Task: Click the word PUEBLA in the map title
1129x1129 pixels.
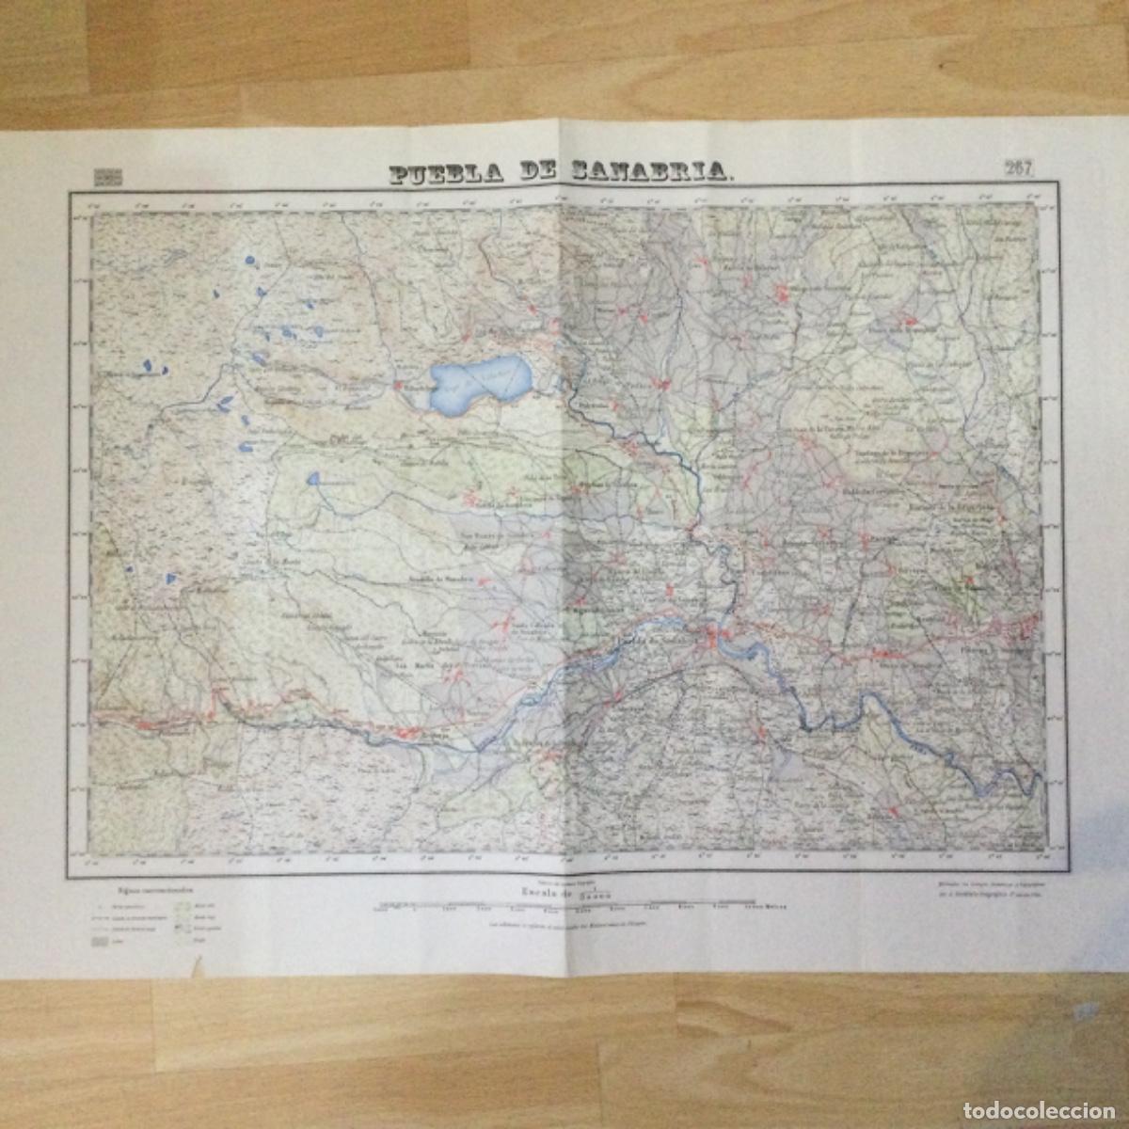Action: click(441, 173)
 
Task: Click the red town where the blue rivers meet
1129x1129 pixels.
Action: click(717, 639)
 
